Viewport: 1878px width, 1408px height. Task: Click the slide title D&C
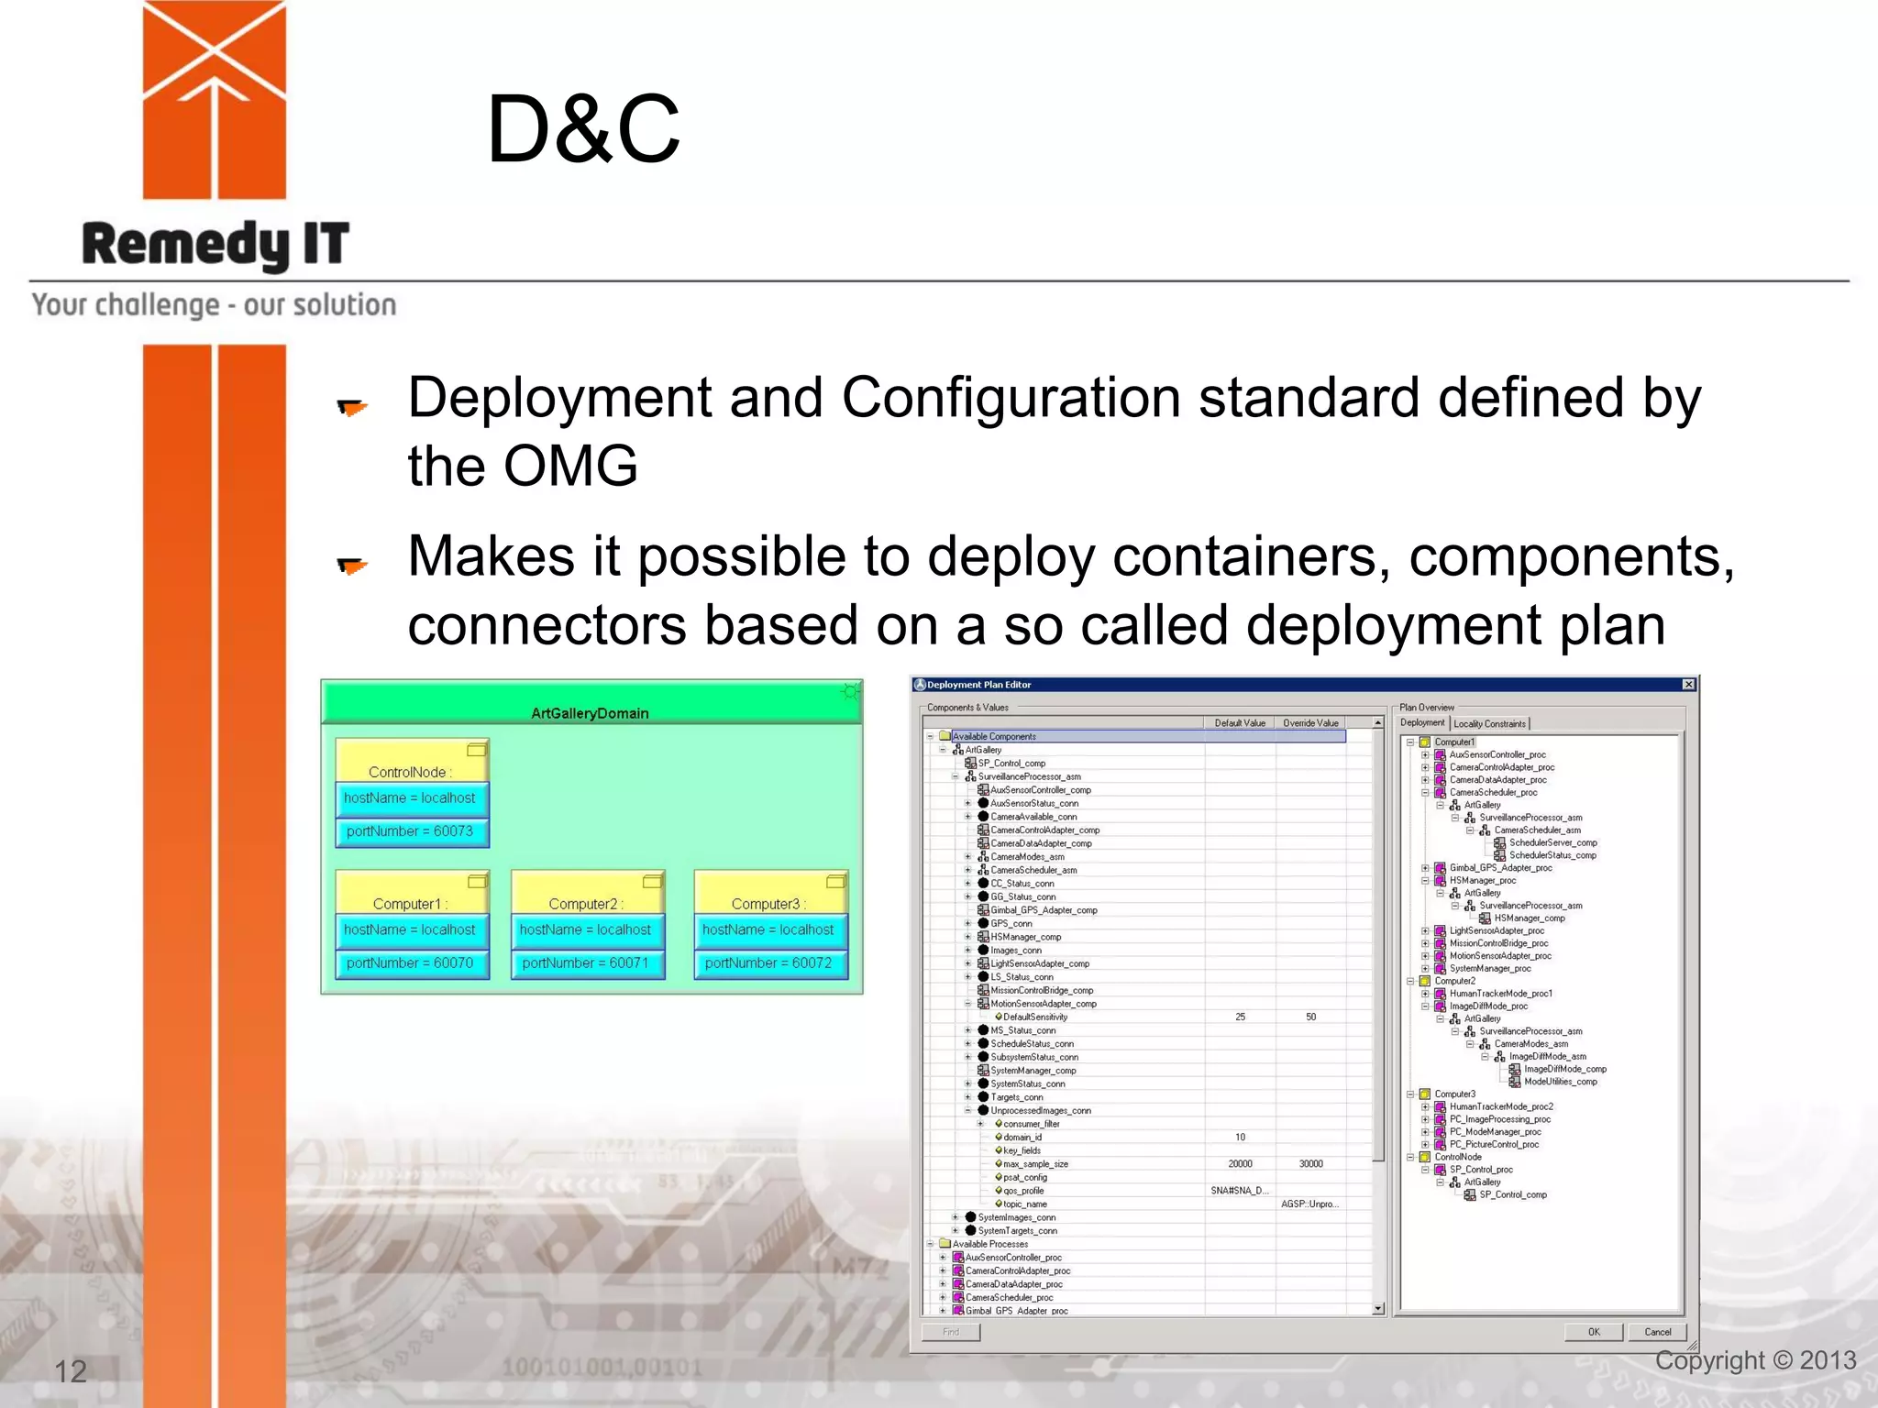coord(583,130)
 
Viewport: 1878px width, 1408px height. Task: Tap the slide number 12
coord(71,1371)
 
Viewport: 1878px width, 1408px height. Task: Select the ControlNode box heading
coord(409,772)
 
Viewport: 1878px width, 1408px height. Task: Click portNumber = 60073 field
coord(410,831)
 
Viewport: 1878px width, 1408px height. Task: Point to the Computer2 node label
coord(585,904)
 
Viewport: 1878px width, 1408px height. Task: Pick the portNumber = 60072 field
coord(768,963)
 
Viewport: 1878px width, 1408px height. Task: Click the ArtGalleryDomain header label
coord(590,713)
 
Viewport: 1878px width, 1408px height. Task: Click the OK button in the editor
coord(1594,1332)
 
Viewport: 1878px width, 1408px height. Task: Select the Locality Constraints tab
coord(1489,724)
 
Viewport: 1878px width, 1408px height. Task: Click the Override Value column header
coord(1310,723)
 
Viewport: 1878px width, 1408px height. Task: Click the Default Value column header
coord(1240,723)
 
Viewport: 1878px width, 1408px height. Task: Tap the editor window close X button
coord(1688,685)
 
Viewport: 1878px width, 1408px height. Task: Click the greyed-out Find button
coord(951,1332)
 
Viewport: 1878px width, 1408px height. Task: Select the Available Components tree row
coord(994,736)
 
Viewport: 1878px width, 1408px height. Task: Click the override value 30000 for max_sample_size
coord(1310,1164)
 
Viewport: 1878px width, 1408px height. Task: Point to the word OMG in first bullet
coord(570,466)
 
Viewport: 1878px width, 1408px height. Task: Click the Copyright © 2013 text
coord(1755,1360)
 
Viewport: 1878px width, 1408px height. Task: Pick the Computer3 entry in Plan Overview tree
coord(1454,1094)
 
